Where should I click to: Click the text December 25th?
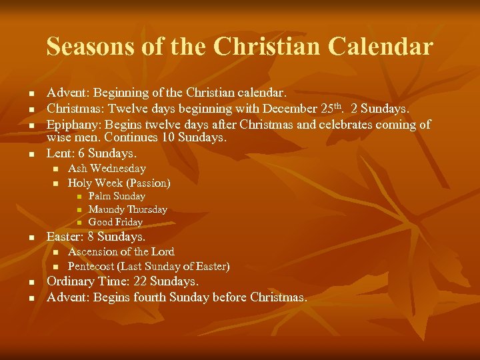[305, 108]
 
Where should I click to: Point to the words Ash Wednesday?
[107, 169]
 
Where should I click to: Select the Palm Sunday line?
[117, 196]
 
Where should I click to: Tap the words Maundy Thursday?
[128, 209]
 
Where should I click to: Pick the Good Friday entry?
[115, 222]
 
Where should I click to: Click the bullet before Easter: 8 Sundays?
[31, 238]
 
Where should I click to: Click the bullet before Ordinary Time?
[31, 283]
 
